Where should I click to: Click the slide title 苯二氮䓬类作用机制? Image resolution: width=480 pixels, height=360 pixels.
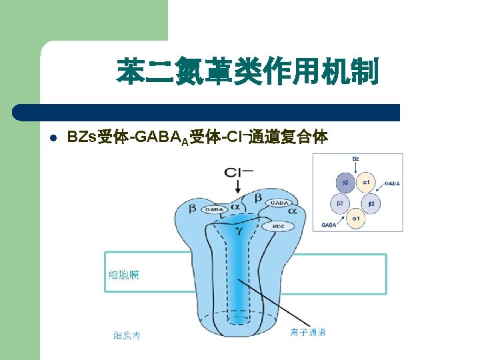click(x=247, y=71)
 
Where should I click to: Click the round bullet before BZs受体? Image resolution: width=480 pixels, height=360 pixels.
click(x=53, y=139)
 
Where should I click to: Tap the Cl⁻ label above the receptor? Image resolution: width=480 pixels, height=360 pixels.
click(x=238, y=173)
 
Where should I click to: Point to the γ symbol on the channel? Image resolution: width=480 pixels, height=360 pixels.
click(x=238, y=231)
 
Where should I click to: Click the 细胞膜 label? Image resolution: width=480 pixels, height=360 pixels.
click(x=124, y=275)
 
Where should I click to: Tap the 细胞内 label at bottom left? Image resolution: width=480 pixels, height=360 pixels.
click(x=126, y=335)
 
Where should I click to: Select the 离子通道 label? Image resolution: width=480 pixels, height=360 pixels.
click(x=308, y=332)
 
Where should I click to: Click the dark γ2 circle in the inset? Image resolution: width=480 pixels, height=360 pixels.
click(x=345, y=181)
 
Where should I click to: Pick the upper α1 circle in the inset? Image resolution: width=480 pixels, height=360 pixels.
click(x=366, y=181)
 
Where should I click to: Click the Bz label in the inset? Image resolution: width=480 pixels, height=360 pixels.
click(x=355, y=159)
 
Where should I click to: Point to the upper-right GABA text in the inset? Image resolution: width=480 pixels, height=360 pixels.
click(x=391, y=183)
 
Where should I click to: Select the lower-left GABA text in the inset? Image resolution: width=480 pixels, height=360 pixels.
click(x=329, y=225)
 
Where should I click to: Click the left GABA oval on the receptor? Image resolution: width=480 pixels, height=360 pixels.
click(x=215, y=209)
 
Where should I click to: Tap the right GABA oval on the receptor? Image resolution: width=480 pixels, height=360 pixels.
click(x=279, y=202)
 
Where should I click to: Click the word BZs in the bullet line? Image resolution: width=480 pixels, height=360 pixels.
click(x=81, y=138)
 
